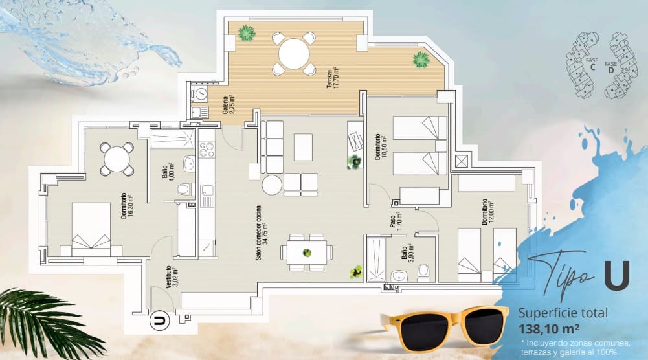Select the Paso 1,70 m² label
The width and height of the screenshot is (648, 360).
tap(396, 221)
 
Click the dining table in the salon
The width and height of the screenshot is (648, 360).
tap(307, 253)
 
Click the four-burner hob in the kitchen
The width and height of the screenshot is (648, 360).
tap(207, 153)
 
